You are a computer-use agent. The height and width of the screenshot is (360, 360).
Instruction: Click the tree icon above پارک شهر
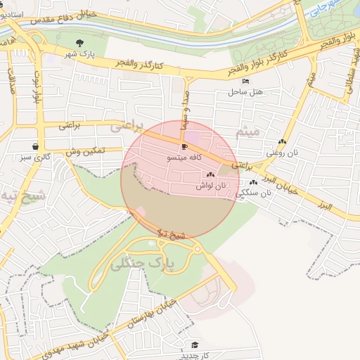point(79,44)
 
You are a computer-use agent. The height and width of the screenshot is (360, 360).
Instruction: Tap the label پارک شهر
point(79,54)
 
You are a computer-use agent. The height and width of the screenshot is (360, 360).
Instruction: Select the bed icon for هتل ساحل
point(236,82)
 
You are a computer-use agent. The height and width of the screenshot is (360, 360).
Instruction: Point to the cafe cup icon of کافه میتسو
point(185,147)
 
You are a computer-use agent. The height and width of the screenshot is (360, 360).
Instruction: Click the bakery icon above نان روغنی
point(283,142)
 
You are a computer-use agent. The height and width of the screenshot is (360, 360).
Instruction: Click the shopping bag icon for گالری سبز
point(35,146)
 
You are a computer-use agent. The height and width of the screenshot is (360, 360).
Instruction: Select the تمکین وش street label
point(85,151)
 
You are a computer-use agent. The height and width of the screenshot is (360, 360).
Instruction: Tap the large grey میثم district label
point(248,131)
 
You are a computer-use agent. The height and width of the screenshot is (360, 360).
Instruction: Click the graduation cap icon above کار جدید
point(194,344)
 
